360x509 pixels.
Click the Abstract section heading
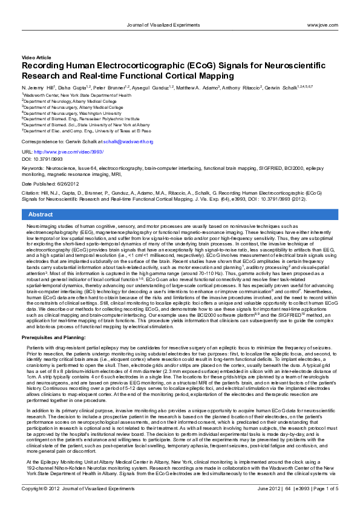pyautogui.click(x=41, y=215)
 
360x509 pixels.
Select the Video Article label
pyautogui.click(x=36, y=56)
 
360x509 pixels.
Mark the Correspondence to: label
pyautogui.click(x=42, y=141)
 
